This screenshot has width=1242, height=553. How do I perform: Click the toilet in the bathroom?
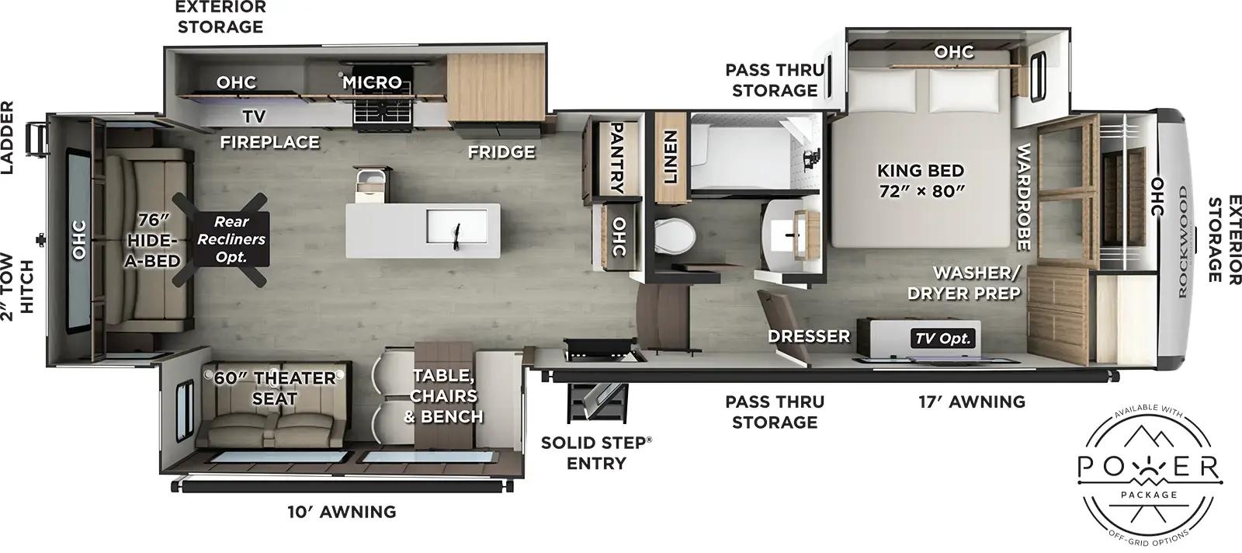click(673, 236)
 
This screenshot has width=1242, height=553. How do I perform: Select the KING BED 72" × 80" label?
click(921, 180)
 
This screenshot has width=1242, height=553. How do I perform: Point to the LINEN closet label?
click(670, 158)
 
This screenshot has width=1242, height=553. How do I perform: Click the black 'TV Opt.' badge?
click(944, 339)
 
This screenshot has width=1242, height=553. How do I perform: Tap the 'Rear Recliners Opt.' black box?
click(231, 239)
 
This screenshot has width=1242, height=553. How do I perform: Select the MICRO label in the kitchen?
click(373, 82)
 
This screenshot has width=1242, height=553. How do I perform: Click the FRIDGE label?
click(501, 152)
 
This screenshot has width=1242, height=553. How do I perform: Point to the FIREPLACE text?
click(269, 142)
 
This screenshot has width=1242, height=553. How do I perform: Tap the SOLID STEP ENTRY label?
click(596, 453)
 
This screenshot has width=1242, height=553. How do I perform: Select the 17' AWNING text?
click(972, 402)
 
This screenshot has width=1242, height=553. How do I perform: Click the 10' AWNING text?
click(342, 512)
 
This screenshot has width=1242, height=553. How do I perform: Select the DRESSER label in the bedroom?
click(809, 336)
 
